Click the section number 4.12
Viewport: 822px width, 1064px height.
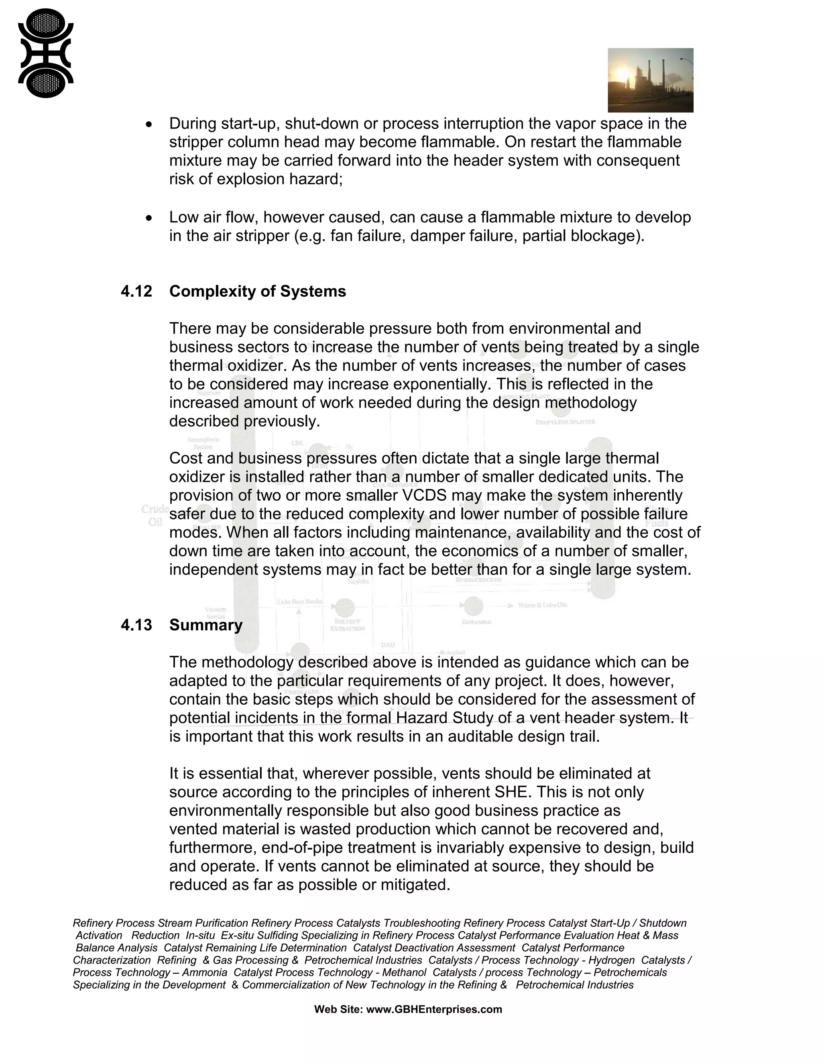[x=136, y=291]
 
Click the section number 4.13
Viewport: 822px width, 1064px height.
[x=136, y=625]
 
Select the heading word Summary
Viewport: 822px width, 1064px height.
[x=205, y=625]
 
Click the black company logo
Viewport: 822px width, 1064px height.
[x=45, y=53]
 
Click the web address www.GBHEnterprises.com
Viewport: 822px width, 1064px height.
[x=433, y=1009]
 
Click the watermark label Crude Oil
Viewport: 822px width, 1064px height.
[x=155, y=516]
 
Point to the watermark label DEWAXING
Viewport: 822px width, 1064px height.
[x=476, y=622]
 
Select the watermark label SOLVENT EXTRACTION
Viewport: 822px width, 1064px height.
[x=347, y=625]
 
